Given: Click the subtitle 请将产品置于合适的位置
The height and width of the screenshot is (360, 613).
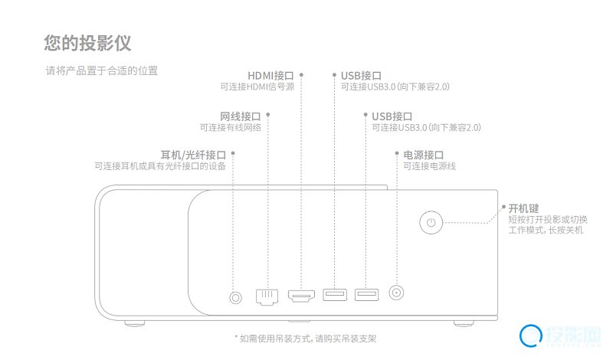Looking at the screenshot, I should click(101, 71).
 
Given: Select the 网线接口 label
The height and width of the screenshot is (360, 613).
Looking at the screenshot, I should click(241, 116).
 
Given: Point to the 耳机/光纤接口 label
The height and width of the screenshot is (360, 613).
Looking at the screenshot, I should click(193, 154).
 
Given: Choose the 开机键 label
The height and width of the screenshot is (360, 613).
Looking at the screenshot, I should click(523, 208).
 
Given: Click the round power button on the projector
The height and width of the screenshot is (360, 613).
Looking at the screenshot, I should click(432, 223).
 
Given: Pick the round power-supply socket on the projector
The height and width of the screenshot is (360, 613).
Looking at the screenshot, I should click(397, 293).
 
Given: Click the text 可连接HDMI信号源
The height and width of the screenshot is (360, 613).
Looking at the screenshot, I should click(257, 87).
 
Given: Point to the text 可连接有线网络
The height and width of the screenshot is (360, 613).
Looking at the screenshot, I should click(231, 127).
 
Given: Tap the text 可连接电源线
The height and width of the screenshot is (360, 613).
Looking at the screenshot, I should click(429, 165).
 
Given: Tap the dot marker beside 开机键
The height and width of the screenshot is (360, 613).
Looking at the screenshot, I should click(503, 208).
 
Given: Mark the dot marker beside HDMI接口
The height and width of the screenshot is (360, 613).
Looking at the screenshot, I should click(301, 75).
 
